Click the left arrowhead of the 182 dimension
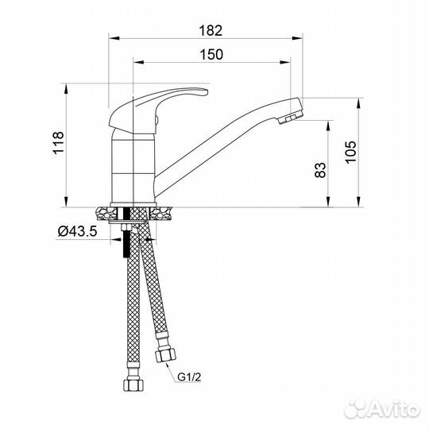(111, 37)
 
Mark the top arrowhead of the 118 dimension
(65, 87)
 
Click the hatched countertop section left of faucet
(103, 212)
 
